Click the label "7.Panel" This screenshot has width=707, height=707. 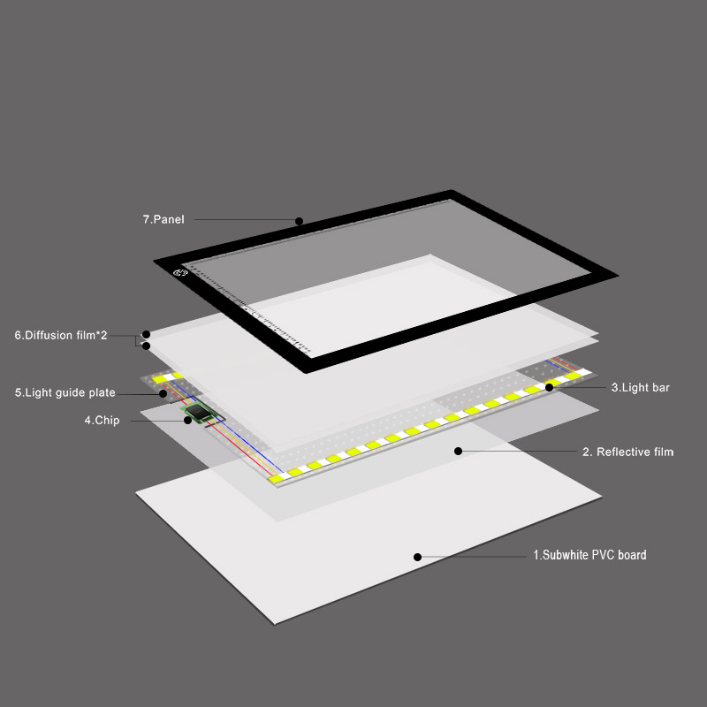click(163, 219)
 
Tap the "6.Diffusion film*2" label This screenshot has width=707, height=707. click(61, 335)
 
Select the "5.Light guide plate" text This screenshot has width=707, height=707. click(65, 392)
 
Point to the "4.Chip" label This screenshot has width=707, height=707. click(102, 421)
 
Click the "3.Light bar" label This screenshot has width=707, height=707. click(640, 387)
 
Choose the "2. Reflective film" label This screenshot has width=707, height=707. click(627, 452)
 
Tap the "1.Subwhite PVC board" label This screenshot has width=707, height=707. click(589, 555)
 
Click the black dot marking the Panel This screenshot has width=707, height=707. click(299, 221)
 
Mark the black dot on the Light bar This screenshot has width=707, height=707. click(549, 387)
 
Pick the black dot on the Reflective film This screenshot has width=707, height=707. click(458, 451)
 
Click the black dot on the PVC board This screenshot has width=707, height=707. click(417, 558)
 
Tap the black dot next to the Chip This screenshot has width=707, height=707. click(187, 421)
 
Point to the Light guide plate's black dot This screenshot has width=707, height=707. click(163, 393)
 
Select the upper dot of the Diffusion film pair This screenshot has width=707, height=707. click(146, 335)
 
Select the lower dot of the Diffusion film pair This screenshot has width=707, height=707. click(146, 346)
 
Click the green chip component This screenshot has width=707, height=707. click(198, 412)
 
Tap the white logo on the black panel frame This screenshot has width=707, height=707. click(180, 272)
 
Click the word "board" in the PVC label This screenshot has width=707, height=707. click(632, 555)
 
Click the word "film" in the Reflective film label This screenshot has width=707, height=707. click(662, 452)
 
